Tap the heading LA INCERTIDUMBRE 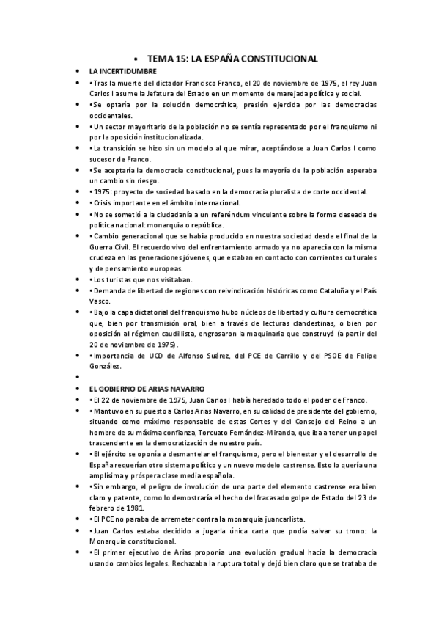point(122,71)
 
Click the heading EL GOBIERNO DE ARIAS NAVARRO point(147,387)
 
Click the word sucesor point(104,159)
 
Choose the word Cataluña point(331,290)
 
